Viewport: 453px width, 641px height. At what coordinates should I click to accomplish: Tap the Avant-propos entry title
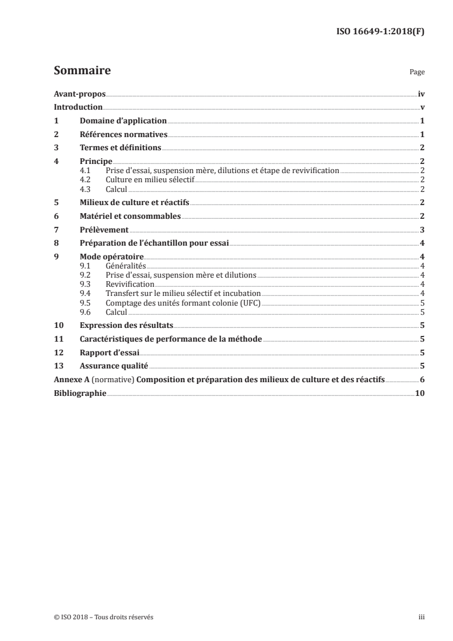point(79,94)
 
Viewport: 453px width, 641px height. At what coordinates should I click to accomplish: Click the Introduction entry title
point(78,107)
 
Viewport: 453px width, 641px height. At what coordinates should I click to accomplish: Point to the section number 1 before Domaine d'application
point(56,121)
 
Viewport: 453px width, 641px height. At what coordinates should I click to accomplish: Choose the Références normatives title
point(123,135)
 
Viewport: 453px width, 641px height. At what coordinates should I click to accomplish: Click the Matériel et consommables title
point(130,216)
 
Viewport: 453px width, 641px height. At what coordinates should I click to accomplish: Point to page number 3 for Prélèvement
point(422,230)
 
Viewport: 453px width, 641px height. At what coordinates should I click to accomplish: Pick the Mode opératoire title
point(111,257)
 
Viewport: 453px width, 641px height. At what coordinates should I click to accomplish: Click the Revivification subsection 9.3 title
point(130,284)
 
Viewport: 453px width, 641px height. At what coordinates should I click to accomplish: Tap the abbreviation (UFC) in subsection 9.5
point(249,302)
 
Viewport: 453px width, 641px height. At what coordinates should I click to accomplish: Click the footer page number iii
point(422,617)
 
